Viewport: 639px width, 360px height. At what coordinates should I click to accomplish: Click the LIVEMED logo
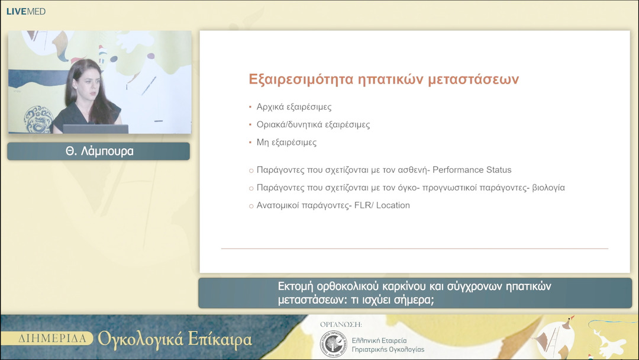click(25, 11)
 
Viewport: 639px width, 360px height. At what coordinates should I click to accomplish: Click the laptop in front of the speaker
click(95, 128)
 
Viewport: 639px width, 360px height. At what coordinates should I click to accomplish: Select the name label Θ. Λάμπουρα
click(99, 152)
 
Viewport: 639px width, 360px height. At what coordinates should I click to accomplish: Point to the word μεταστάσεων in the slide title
click(473, 79)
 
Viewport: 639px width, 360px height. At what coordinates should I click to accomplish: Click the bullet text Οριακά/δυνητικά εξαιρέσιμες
click(313, 125)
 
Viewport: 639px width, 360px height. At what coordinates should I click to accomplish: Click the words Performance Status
click(472, 170)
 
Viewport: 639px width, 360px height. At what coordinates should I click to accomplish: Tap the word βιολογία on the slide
click(548, 188)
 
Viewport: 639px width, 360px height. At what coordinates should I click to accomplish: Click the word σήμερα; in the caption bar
click(412, 300)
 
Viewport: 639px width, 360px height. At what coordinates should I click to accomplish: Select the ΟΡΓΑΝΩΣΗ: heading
click(341, 324)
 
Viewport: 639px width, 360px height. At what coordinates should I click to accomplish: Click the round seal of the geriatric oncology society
click(333, 344)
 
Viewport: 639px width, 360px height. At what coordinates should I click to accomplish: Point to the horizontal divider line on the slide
click(414, 248)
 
